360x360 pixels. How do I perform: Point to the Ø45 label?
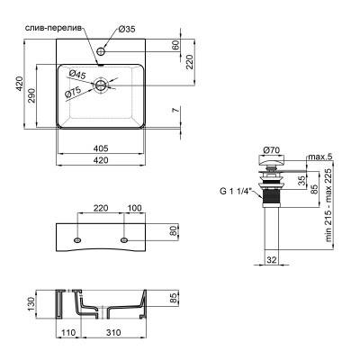tap(76, 75)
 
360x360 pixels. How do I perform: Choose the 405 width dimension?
tap(102, 149)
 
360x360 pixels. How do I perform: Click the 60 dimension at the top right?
tap(177, 45)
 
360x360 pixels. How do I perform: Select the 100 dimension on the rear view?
tap(134, 209)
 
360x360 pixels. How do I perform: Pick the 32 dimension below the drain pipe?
tap(270, 261)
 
